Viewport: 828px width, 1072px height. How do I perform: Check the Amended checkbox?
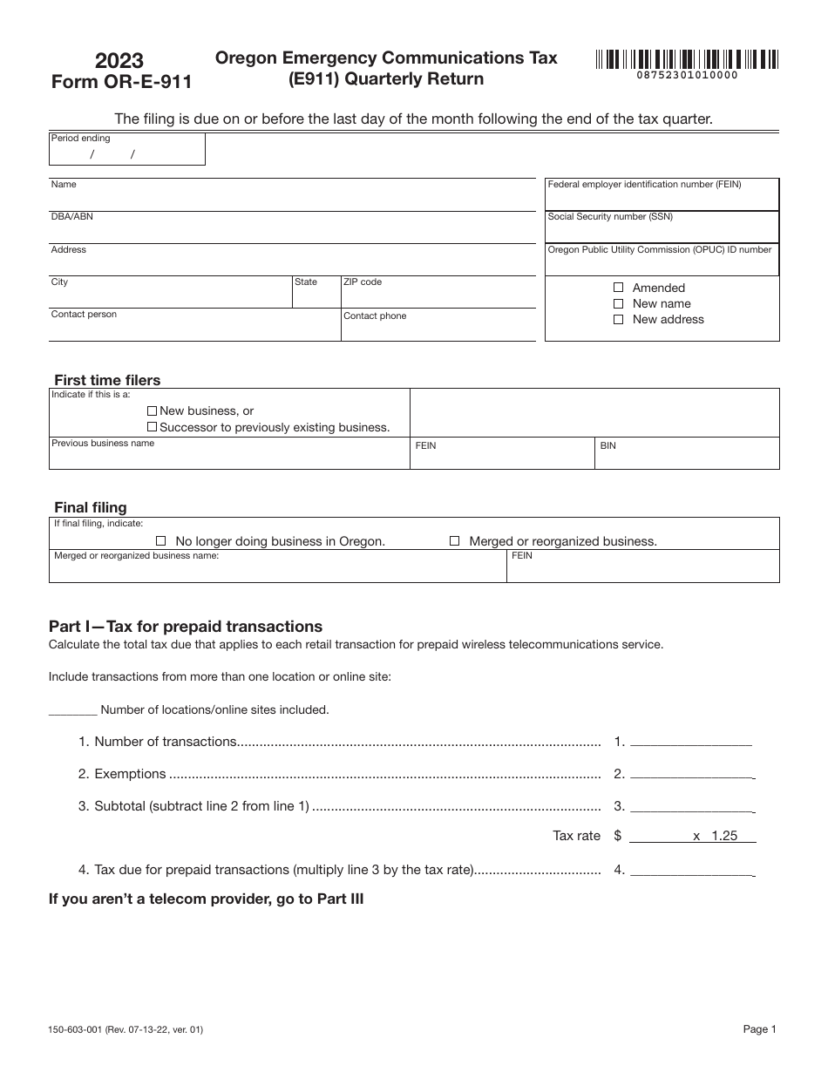[x=619, y=288]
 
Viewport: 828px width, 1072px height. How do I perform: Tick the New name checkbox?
[x=619, y=303]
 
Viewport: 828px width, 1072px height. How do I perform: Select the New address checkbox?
[x=619, y=319]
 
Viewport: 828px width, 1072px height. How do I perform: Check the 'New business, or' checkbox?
[x=153, y=410]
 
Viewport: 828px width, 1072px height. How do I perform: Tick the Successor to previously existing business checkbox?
[x=153, y=427]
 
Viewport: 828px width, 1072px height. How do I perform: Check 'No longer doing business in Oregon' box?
[x=160, y=541]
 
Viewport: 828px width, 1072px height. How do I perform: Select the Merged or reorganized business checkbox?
[x=454, y=541]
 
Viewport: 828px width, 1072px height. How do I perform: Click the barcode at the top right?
[x=687, y=60]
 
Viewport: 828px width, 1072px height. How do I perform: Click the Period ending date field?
[x=126, y=154]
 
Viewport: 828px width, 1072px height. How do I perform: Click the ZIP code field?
[x=438, y=296]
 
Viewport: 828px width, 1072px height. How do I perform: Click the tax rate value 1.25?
[x=723, y=835]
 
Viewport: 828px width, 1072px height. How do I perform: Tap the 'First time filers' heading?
[x=107, y=380]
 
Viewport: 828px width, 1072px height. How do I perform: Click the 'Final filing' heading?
[x=91, y=507]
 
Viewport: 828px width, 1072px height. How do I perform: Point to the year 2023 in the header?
[x=120, y=60]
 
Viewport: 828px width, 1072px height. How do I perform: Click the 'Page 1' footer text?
[x=759, y=1029]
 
